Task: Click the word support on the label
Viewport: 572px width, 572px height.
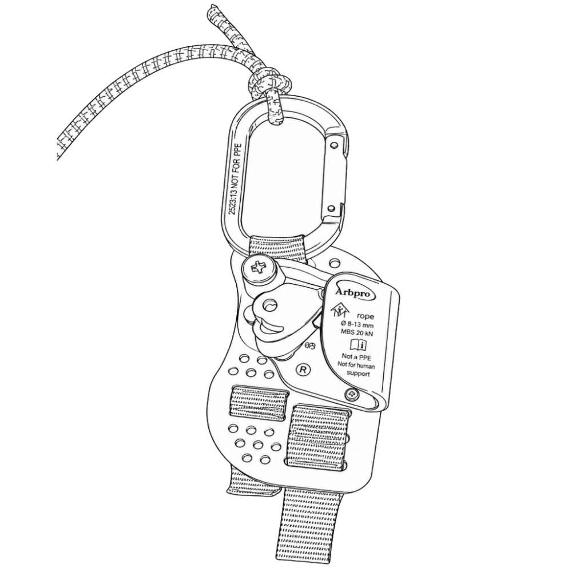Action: point(358,374)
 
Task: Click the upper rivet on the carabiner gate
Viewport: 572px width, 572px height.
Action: point(333,145)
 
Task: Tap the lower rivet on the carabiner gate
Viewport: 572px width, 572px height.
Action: point(331,208)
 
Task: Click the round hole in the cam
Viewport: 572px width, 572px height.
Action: point(271,305)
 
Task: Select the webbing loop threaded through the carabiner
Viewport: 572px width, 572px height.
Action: point(278,249)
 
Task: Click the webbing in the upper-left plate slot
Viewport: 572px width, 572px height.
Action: point(259,401)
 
